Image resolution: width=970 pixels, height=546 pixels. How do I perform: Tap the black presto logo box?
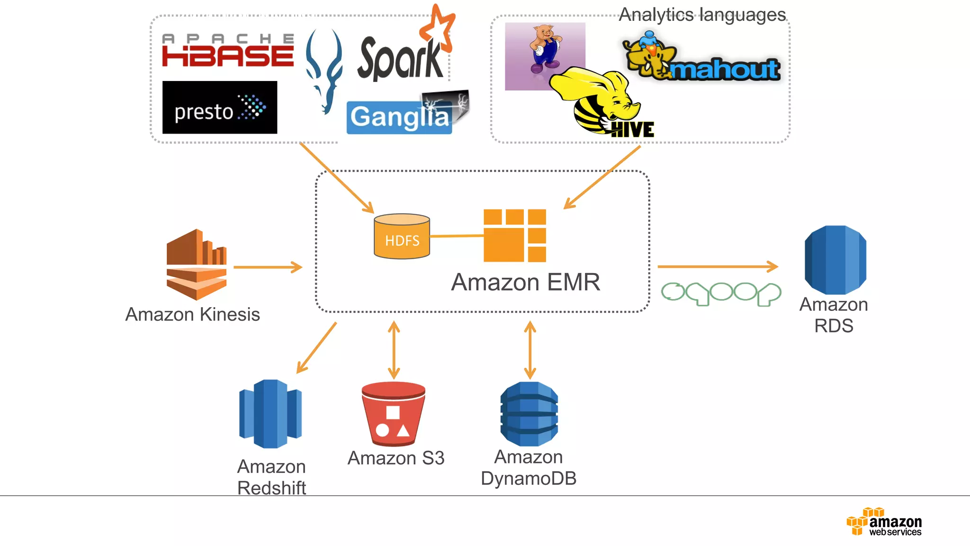click(x=219, y=108)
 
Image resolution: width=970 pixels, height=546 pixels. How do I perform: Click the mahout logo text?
click(x=724, y=70)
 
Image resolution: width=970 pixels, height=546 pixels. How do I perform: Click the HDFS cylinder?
click(x=402, y=237)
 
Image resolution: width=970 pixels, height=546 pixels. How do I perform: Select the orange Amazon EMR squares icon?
click(x=515, y=236)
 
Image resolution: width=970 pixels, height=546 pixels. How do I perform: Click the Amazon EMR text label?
click(x=525, y=282)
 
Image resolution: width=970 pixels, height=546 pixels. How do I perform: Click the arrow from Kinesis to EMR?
click(x=268, y=267)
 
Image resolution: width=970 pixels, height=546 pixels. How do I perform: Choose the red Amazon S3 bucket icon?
click(x=393, y=414)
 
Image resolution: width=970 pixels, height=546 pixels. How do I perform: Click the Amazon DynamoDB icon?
click(x=529, y=414)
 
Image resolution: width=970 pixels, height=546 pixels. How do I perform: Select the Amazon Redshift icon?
click(x=270, y=414)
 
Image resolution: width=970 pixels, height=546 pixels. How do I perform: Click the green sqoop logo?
click(x=720, y=293)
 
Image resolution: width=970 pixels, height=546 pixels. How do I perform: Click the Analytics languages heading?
click(x=702, y=15)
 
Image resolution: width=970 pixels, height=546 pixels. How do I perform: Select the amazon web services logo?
click(x=884, y=522)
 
